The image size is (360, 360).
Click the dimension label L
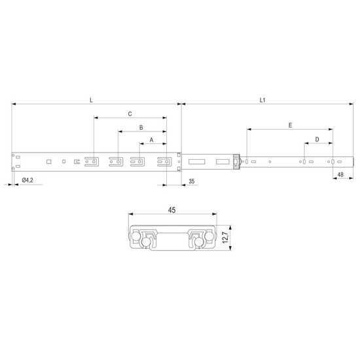point(91,100)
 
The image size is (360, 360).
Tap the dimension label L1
point(262,100)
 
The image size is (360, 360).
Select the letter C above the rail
point(130,114)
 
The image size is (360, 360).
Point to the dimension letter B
point(141,128)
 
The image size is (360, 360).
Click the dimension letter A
point(152,140)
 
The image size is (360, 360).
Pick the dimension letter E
point(290,126)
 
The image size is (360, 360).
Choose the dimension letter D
point(317,139)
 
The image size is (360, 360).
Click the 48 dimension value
point(340,175)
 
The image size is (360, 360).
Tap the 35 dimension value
point(192,181)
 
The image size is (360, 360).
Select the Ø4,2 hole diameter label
point(27,180)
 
